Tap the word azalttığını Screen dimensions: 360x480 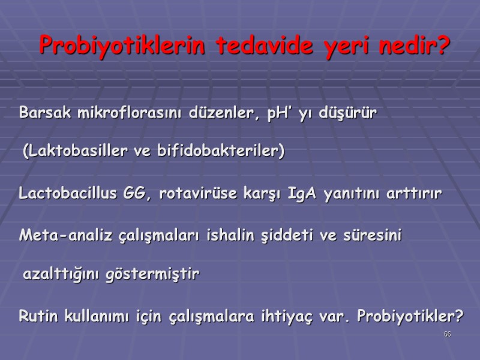[62, 275]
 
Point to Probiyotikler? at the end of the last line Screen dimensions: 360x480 [410, 316]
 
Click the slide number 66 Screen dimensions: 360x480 [447, 334]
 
